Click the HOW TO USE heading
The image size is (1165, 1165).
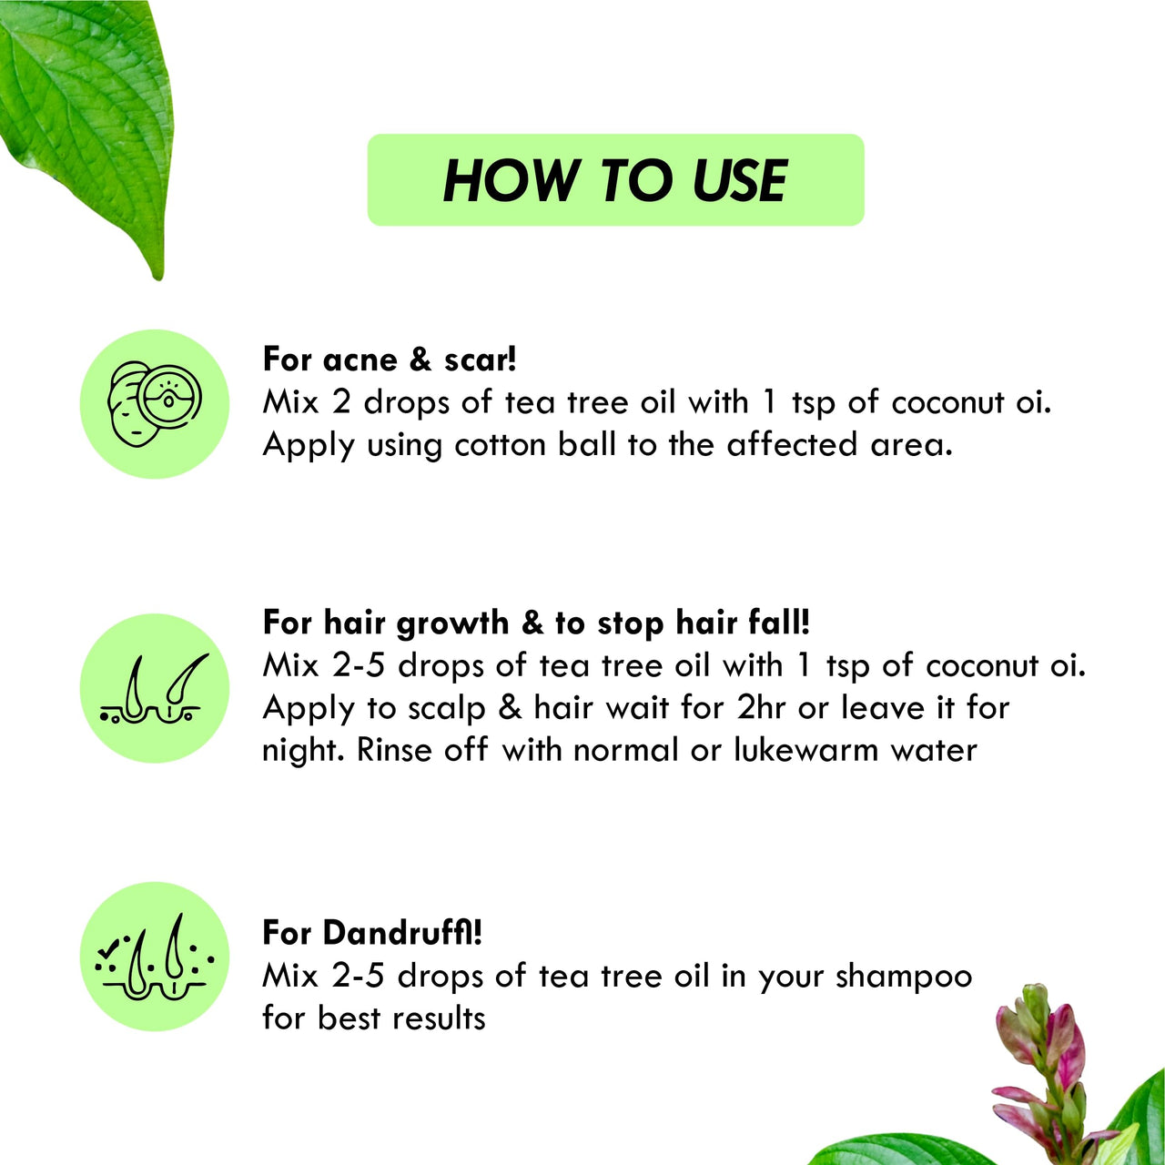click(615, 180)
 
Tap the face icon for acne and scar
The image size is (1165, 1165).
click(155, 403)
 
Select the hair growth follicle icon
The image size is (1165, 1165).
click(155, 688)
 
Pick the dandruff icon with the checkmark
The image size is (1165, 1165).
click(155, 957)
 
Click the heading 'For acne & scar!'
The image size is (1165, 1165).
click(390, 359)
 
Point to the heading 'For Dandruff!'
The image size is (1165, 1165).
click(371, 932)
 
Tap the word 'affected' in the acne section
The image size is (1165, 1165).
click(792, 445)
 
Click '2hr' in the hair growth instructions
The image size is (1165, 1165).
click(761, 707)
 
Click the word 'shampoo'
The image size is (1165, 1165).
click(904, 977)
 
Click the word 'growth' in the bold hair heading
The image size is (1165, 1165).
click(452, 623)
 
